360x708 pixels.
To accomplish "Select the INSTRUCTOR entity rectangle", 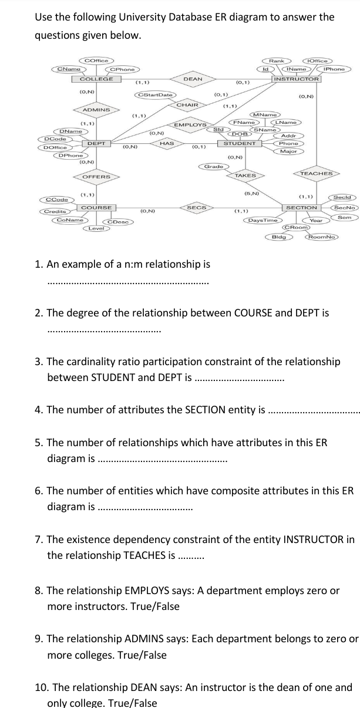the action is click(x=297, y=79).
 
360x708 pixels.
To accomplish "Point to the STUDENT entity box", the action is click(x=240, y=143).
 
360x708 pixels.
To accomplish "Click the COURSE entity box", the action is click(x=97, y=208).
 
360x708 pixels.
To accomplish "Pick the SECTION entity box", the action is click(x=301, y=208).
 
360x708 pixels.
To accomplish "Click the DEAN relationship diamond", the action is click(x=193, y=79).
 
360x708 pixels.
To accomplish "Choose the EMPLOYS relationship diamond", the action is click(x=191, y=125).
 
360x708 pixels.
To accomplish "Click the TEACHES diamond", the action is click(x=317, y=174).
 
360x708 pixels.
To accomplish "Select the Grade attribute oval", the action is click(x=213, y=167).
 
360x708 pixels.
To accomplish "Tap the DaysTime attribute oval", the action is click(x=263, y=220).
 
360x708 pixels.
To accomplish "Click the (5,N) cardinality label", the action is click(x=252, y=193).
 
